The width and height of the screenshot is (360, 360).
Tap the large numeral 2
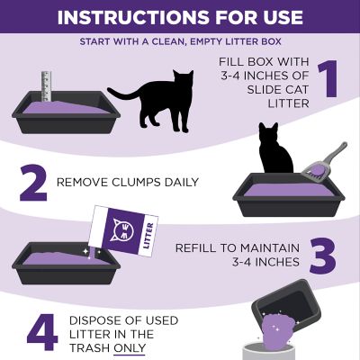coord(31,183)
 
